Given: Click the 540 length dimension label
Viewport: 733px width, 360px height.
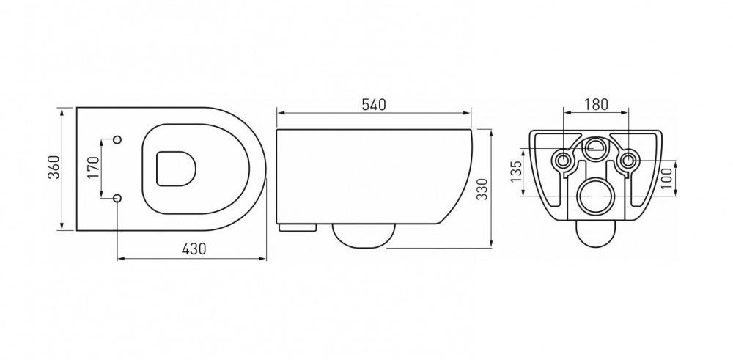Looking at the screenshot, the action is click(374, 105).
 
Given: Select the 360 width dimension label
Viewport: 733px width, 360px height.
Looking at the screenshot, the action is click(54, 167).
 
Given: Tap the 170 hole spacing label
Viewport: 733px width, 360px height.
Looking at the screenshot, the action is click(93, 167).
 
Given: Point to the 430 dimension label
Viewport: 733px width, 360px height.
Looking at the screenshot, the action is click(194, 249).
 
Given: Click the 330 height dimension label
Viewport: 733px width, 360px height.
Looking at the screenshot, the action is click(483, 189).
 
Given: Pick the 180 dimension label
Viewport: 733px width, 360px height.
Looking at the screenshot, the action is click(596, 104).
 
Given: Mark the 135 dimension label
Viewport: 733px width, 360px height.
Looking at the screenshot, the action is click(515, 172).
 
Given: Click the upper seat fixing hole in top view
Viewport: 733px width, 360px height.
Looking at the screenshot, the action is click(117, 139).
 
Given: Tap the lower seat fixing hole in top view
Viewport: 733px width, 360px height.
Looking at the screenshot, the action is click(117, 199).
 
